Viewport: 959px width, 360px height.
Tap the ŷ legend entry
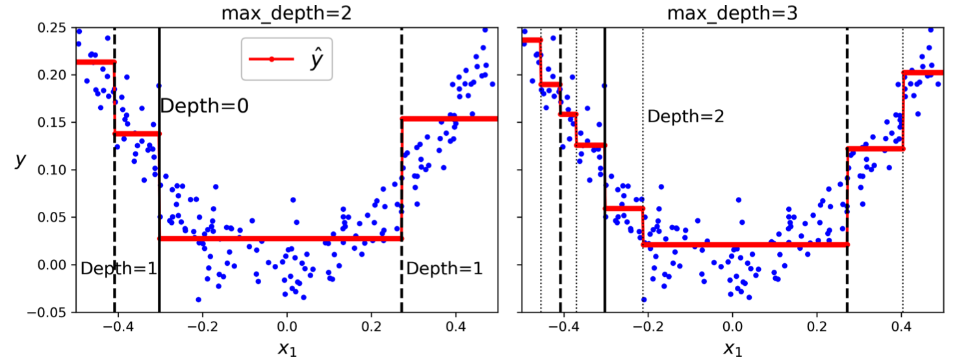287,59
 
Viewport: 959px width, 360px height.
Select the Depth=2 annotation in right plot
685,116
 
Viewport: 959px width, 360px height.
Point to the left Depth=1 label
119,268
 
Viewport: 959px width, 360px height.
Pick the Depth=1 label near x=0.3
444,268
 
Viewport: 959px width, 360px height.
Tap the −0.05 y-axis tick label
52,312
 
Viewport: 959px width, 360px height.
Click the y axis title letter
20,161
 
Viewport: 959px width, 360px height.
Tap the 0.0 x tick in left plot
287,328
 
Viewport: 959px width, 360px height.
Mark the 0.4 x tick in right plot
902,328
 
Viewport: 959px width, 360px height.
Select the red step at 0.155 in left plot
450,118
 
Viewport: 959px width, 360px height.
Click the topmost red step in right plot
531,40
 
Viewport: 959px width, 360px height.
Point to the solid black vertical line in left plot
159,195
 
